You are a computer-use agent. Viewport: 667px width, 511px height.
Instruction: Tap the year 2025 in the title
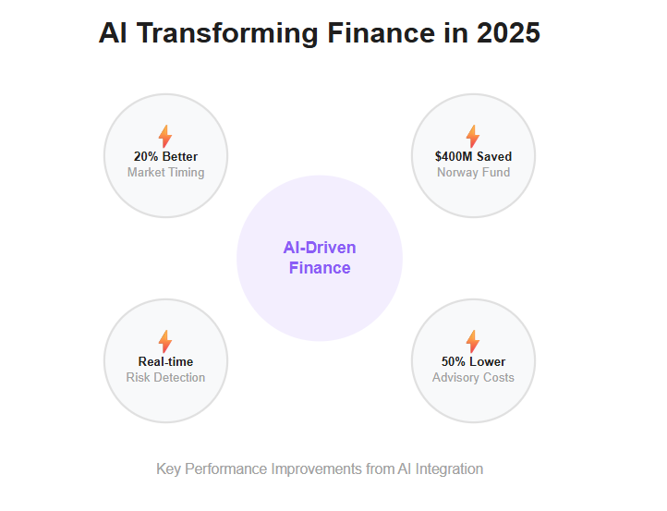pyautogui.click(x=508, y=32)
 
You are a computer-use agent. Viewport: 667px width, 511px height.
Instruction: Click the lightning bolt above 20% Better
pyautogui.click(x=165, y=136)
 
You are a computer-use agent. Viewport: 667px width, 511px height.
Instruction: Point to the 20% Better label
pyautogui.click(x=166, y=156)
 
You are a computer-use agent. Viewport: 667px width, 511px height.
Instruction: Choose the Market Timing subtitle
pyautogui.click(x=166, y=172)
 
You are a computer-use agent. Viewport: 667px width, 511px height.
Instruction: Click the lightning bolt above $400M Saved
pyautogui.click(x=473, y=136)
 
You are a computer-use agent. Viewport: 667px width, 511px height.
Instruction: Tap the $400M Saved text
pyautogui.click(x=473, y=156)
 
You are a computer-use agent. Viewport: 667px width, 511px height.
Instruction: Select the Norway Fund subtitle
pyautogui.click(x=473, y=172)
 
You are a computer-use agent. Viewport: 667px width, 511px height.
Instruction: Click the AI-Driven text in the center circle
pyautogui.click(x=320, y=248)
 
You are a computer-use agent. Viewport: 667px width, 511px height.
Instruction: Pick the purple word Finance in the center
pyautogui.click(x=320, y=268)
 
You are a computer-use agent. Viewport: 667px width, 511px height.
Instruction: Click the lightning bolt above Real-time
pyautogui.click(x=165, y=341)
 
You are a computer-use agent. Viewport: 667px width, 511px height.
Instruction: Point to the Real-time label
pyautogui.click(x=166, y=361)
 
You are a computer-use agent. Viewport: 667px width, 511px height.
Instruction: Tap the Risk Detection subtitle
pyautogui.click(x=166, y=377)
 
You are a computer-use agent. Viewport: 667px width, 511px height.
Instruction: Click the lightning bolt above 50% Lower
pyautogui.click(x=473, y=341)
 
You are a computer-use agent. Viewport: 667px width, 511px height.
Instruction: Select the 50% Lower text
pyautogui.click(x=473, y=361)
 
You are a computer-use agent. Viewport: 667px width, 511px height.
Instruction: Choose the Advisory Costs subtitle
pyautogui.click(x=473, y=377)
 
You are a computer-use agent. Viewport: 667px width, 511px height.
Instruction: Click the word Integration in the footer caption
pyautogui.click(x=449, y=469)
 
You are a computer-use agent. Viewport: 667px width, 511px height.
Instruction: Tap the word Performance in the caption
pyautogui.click(x=226, y=469)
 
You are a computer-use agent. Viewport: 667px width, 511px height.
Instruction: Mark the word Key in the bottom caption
pyautogui.click(x=168, y=469)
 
